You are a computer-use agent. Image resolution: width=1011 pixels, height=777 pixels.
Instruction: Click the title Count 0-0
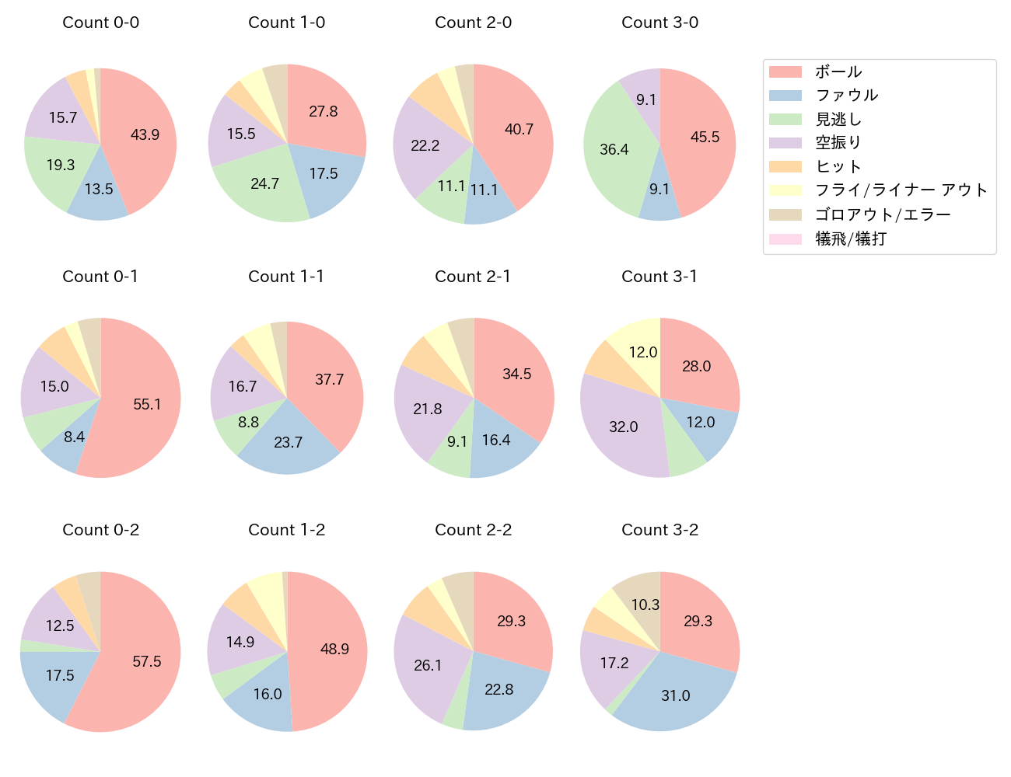[100, 23]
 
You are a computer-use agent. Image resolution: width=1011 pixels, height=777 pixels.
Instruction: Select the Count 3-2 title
[659, 530]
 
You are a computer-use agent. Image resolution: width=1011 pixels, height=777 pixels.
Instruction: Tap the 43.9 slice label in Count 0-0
[145, 134]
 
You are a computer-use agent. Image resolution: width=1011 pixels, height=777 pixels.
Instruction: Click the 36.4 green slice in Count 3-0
[614, 149]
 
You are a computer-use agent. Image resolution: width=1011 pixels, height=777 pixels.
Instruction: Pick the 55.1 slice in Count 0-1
[147, 404]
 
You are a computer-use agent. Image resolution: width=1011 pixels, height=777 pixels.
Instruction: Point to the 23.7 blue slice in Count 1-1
[288, 442]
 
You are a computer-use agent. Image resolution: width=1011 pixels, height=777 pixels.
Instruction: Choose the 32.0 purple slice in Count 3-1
[624, 427]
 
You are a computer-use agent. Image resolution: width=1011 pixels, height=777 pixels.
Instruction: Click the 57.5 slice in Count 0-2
[147, 661]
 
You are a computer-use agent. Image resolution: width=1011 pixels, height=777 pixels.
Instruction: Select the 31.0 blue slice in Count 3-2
[675, 695]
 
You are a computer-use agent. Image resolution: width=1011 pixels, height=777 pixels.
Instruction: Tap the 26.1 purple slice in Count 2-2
[428, 665]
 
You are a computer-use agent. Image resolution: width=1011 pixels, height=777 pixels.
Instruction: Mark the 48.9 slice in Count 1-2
[334, 649]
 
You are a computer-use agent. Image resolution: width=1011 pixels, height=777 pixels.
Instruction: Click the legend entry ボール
[838, 71]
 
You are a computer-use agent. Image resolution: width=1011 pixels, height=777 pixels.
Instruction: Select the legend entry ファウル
[846, 96]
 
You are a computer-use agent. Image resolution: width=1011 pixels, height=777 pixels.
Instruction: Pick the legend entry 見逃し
[838, 120]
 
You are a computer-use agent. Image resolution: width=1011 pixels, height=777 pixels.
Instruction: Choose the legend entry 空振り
[838, 143]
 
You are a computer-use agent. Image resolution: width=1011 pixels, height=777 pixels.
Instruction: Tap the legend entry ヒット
[838, 167]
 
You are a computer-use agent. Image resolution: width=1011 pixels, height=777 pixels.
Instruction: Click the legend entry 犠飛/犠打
[851, 239]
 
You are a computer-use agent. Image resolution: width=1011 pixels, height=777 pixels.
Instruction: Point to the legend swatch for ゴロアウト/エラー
[785, 215]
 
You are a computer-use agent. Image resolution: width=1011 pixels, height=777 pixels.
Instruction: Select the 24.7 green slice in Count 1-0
[265, 183]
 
